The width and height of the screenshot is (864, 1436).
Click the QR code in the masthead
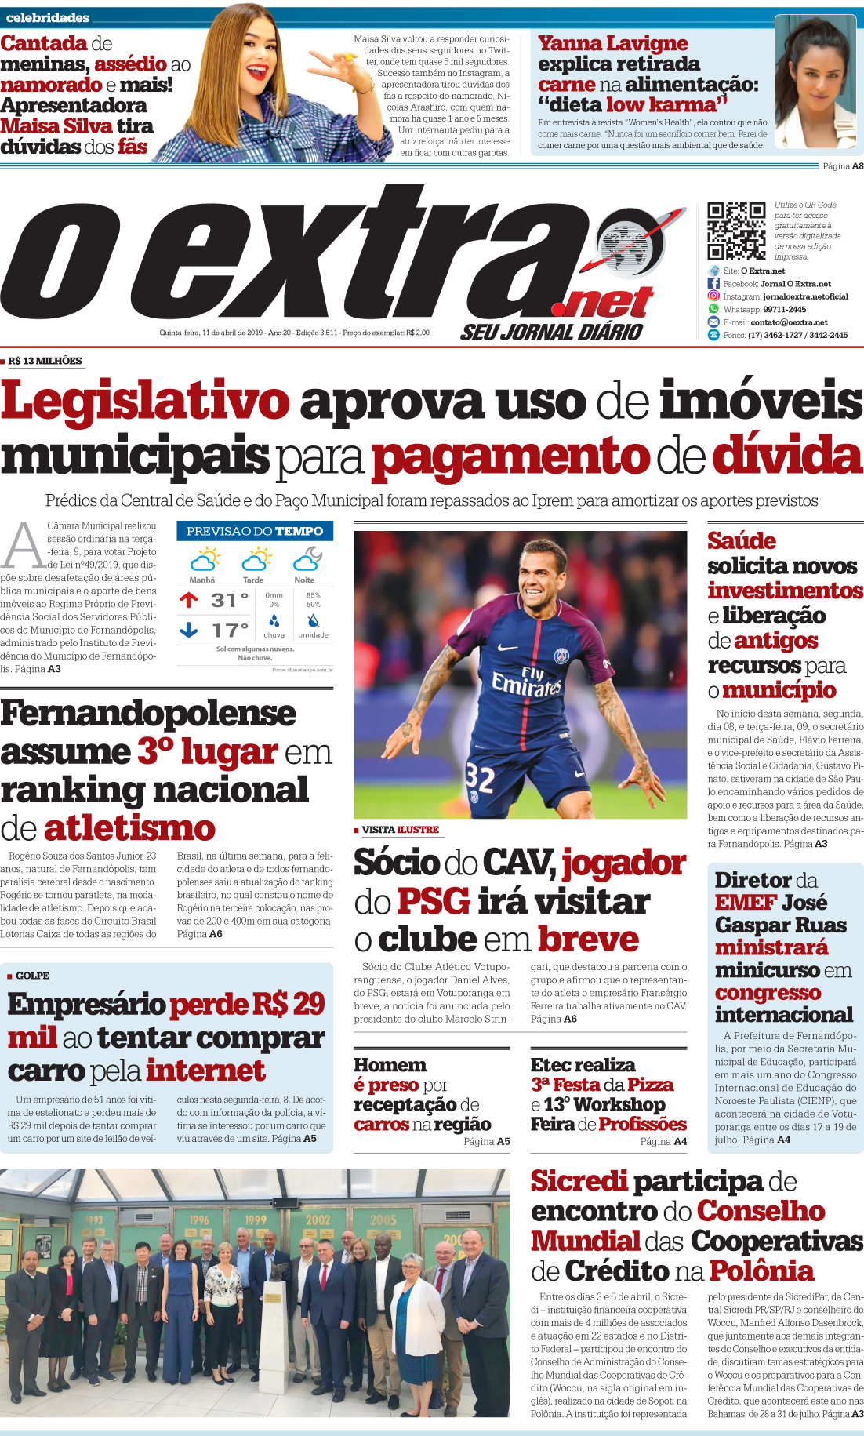pyautogui.click(x=736, y=231)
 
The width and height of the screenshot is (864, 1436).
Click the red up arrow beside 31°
pyautogui.click(x=188, y=600)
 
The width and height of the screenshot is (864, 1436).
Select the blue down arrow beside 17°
pyautogui.click(x=188, y=630)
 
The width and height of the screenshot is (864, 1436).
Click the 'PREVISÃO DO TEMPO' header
pyautogui.click(x=255, y=531)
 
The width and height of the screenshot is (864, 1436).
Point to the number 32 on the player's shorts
pyautogui.click(x=480, y=778)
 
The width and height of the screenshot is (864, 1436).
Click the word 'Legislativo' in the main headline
pyautogui.click(x=146, y=401)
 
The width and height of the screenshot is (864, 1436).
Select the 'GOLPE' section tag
pyautogui.click(x=32, y=976)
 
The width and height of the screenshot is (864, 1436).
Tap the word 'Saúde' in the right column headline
pyautogui.click(x=741, y=540)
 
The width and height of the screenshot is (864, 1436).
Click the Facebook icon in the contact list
pyautogui.click(x=713, y=283)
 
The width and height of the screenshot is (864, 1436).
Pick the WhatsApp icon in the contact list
pyautogui.click(x=713, y=309)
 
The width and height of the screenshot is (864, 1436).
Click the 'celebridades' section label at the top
pyautogui.click(x=47, y=17)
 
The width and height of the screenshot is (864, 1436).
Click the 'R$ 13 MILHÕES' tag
pyautogui.click(x=45, y=361)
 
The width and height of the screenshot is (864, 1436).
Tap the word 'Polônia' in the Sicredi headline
pyautogui.click(x=761, y=1270)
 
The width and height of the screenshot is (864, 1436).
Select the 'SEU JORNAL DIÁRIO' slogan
pyautogui.click(x=551, y=332)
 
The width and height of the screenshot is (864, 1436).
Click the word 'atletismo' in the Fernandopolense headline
pyautogui.click(x=129, y=828)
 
